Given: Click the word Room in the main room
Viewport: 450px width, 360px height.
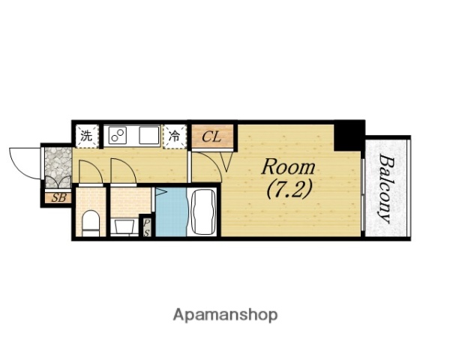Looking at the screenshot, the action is coord(288,167).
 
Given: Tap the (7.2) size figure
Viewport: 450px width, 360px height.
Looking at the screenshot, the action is coord(289,189).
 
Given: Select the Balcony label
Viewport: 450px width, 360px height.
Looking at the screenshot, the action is coord(385,188).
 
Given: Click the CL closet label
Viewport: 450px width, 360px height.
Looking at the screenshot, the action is coord(211,136).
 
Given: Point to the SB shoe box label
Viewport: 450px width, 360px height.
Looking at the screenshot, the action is coord(58,198).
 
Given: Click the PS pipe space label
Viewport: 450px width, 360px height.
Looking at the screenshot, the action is coord(146,228).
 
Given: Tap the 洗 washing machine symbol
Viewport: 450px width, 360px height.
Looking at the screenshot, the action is coord(87,136).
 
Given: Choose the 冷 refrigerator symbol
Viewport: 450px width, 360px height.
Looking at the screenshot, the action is coord(174,136).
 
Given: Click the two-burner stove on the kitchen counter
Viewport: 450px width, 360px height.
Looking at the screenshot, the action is coord(118,136).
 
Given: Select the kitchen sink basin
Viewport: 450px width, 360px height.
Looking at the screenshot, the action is coord(149,135).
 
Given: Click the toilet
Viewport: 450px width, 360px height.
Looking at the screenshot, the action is coord(91,223).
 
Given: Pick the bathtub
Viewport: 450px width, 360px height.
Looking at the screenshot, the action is coord(203,212).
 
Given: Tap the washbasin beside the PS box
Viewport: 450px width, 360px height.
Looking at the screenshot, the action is coord(124,226).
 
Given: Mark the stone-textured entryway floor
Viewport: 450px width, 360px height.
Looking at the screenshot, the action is coord(58,167).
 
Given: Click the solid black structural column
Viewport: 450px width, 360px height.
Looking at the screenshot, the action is coord(349,136).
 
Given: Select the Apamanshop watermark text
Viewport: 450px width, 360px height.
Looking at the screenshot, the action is coord(225,316).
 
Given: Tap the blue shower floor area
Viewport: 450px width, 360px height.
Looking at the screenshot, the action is coord(171,212).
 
